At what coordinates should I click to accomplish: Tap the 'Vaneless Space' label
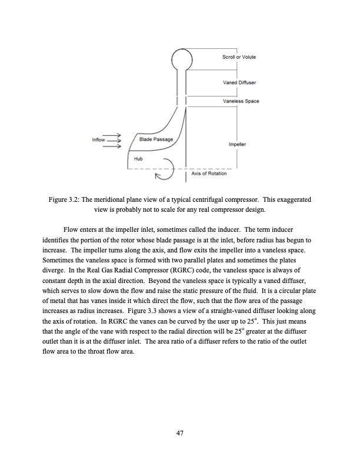pos(241,101)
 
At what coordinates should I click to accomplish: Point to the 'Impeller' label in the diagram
pos(237,144)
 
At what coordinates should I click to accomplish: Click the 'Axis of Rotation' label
pos(209,173)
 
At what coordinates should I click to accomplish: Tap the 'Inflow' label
pos(98,140)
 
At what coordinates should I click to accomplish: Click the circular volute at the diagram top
pos(182,59)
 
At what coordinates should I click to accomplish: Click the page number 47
pos(180,434)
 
